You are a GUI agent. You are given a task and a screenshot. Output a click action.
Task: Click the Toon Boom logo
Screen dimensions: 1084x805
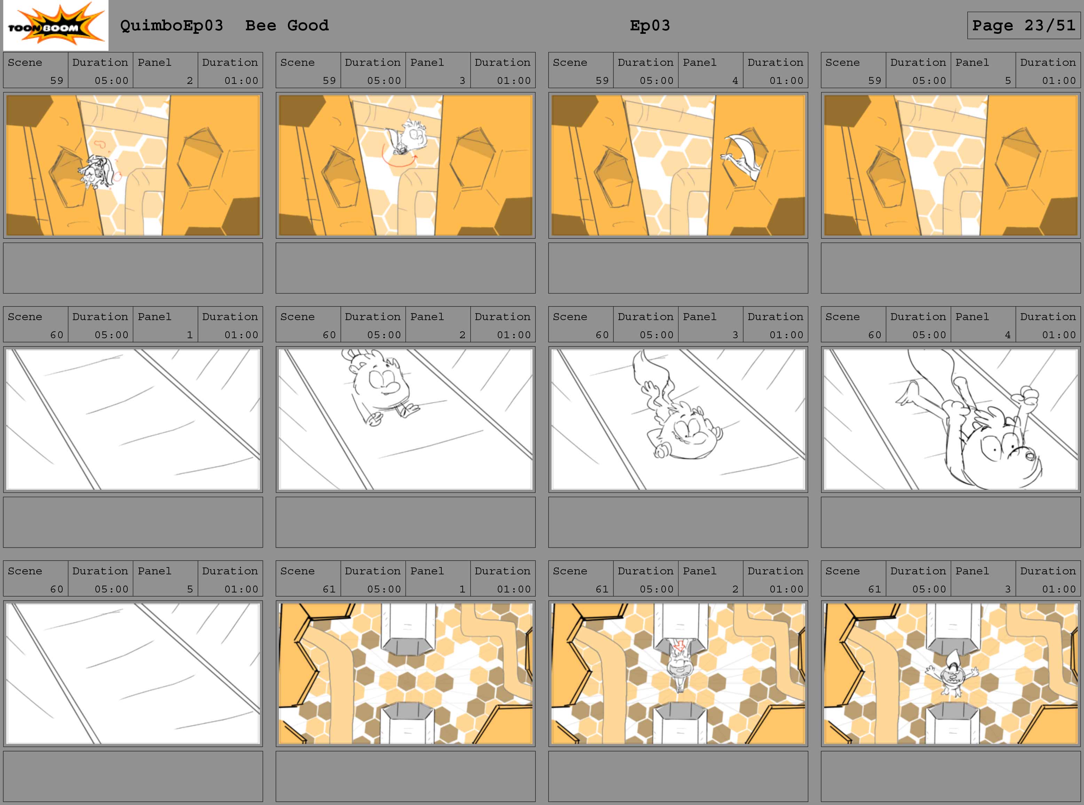click(x=55, y=25)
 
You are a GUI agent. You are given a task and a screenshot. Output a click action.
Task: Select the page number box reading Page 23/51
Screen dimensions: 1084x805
click(x=1024, y=25)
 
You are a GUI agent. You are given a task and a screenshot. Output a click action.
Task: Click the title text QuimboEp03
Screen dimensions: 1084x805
click(x=171, y=25)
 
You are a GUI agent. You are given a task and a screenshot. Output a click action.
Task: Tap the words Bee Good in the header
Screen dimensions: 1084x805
click(x=287, y=25)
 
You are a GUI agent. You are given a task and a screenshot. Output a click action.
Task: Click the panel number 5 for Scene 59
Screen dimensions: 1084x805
click(x=1007, y=80)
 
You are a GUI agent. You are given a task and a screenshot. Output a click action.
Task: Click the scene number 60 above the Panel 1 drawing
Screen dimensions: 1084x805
click(x=56, y=335)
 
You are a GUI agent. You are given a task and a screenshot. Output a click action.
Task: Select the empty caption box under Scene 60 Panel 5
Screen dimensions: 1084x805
click(x=133, y=776)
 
